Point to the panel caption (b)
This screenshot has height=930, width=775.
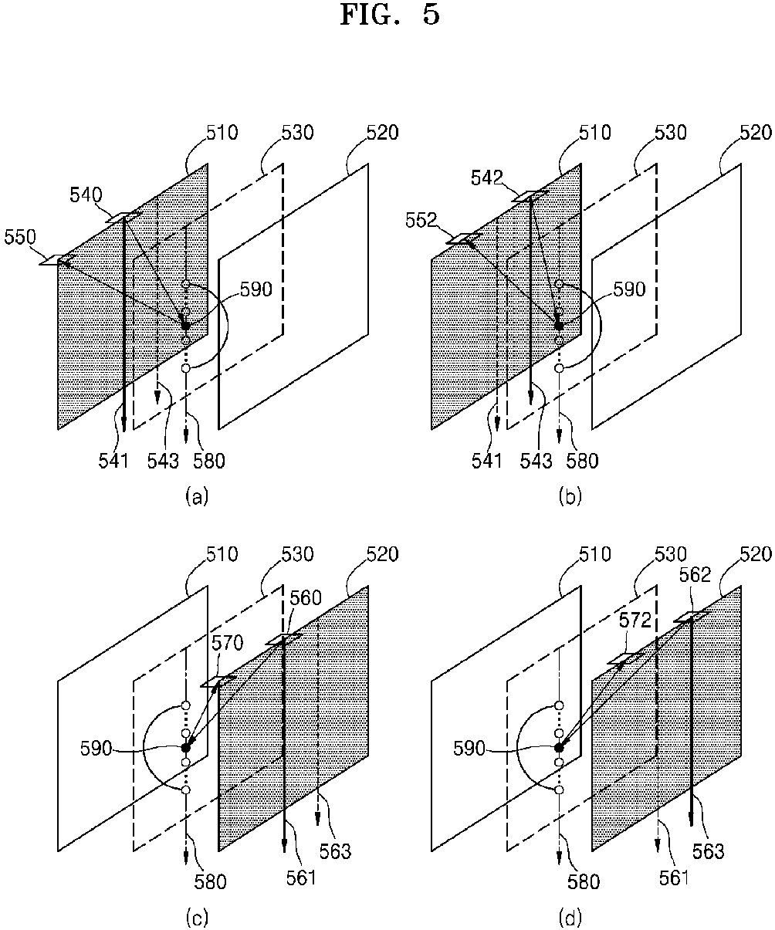click(x=570, y=498)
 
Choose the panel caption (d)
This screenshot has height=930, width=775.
click(x=570, y=918)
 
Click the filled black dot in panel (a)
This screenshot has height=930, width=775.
click(x=185, y=326)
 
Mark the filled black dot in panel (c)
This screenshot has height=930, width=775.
click(x=185, y=747)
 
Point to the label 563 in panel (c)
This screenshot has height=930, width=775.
click(x=335, y=851)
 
